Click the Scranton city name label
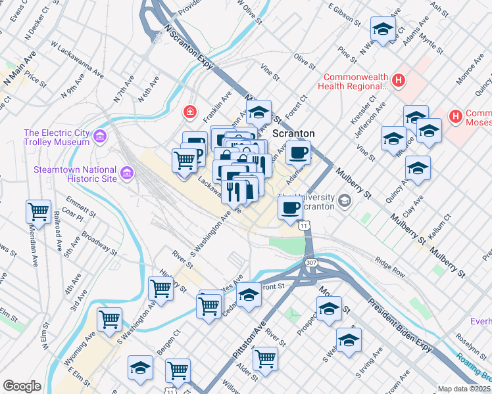point(293,133)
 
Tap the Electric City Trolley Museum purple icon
point(100,137)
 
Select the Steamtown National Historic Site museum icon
point(128,173)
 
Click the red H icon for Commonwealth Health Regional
point(397,80)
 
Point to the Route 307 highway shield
point(312,263)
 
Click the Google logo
point(22,386)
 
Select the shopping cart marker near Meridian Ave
point(39,212)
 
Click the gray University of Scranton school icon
point(344,199)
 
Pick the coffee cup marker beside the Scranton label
point(298,152)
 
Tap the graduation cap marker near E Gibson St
point(383,30)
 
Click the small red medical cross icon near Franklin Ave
point(190,112)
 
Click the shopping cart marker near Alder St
point(265,359)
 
